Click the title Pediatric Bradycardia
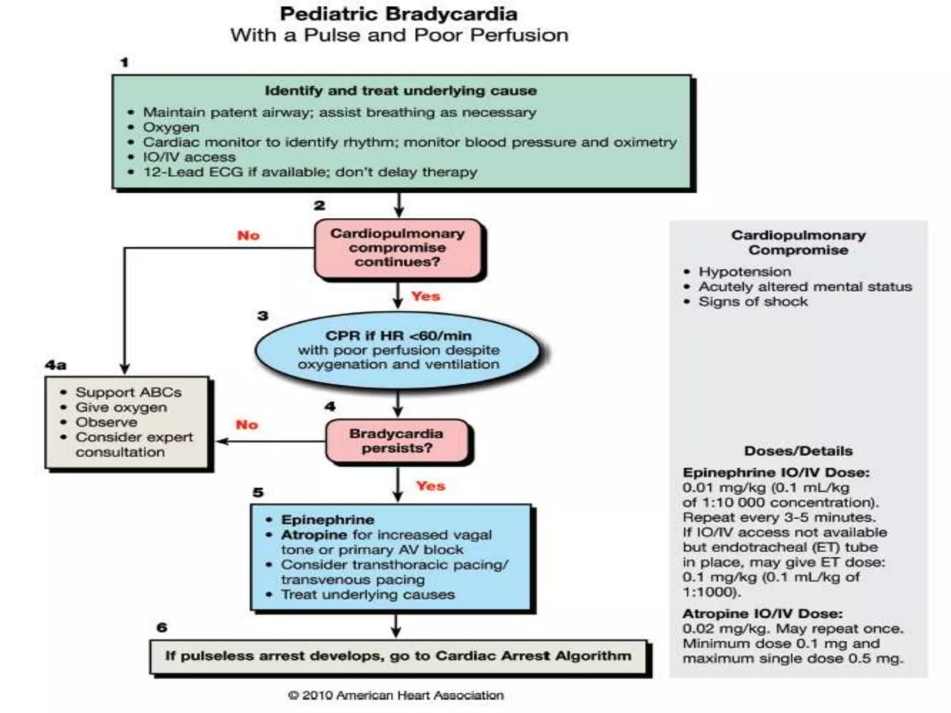click(398, 14)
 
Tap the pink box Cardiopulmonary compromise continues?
click(397, 248)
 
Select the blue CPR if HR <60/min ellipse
click(398, 350)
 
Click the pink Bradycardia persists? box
click(397, 441)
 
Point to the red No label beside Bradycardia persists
click(247, 425)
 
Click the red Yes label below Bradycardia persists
click(430, 486)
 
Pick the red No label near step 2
click(248, 235)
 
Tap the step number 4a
click(56, 365)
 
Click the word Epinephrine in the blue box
click(327, 519)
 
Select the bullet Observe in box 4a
click(106, 422)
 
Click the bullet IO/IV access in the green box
click(189, 157)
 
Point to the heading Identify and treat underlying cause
click(400, 91)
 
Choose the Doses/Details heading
click(798, 451)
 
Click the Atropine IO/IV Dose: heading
click(762, 614)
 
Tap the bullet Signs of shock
click(753, 302)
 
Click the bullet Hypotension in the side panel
click(744, 272)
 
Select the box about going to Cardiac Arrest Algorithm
click(398, 656)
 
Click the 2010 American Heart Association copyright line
click(396, 695)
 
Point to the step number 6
click(162, 628)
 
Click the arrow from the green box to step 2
click(398, 204)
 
